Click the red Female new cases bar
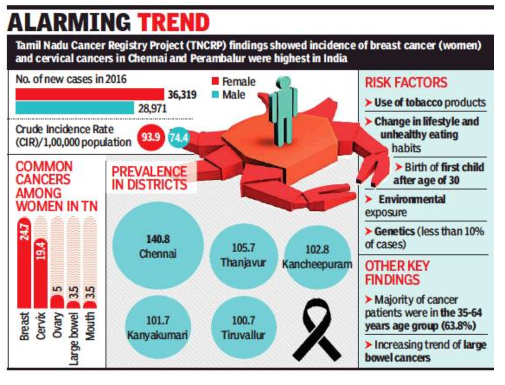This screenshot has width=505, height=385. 90,94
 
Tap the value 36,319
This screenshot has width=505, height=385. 182,94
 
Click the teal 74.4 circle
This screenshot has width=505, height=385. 176,137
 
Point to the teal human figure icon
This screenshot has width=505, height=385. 284,112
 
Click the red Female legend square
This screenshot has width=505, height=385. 215,81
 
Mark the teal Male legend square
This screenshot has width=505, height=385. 215,94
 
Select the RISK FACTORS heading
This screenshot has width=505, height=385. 406,83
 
